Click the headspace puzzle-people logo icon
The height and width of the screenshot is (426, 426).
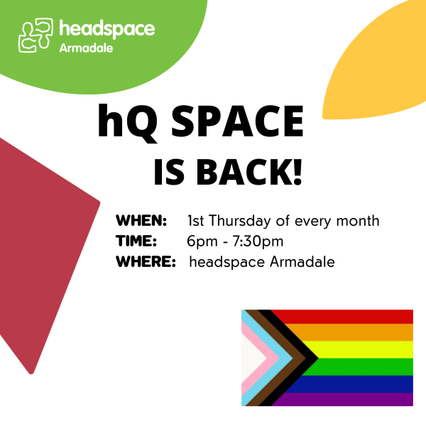pyautogui.click(x=35, y=35)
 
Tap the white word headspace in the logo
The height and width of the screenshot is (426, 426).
pyautogui.click(x=107, y=28)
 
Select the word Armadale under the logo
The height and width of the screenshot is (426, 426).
pyautogui.click(x=86, y=48)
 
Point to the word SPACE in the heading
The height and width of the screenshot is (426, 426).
pyautogui.click(x=237, y=121)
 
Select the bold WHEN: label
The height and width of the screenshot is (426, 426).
pyautogui.click(x=141, y=220)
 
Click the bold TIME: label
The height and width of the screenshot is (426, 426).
pyautogui.click(x=136, y=241)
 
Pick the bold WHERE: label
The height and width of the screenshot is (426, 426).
pyautogui.click(x=146, y=261)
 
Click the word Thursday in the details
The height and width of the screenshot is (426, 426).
pyautogui.click(x=240, y=221)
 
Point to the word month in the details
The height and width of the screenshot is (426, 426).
pyautogui.click(x=358, y=221)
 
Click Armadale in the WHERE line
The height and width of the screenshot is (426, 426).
pyautogui.click(x=302, y=262)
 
